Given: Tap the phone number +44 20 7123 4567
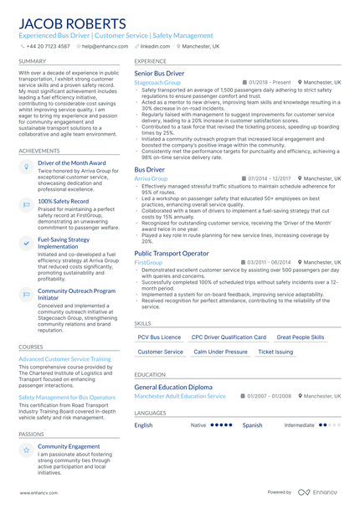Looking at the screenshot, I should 47,47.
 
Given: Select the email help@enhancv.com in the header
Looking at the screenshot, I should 101,47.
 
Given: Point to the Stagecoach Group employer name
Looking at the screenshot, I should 157,84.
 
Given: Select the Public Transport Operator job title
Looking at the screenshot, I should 172,253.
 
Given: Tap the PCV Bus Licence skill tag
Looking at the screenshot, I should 159,337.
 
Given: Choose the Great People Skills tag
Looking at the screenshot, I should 300,337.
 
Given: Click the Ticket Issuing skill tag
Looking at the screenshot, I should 275,352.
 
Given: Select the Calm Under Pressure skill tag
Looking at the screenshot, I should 221,352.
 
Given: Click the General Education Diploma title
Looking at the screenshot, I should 173,387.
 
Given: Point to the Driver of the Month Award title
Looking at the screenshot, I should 72,162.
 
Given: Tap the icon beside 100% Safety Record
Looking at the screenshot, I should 27,203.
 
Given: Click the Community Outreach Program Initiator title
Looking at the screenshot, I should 77,294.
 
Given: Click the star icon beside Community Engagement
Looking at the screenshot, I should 27,450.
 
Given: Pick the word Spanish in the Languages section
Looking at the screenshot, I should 252,425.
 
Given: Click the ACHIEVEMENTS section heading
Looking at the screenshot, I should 39,151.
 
